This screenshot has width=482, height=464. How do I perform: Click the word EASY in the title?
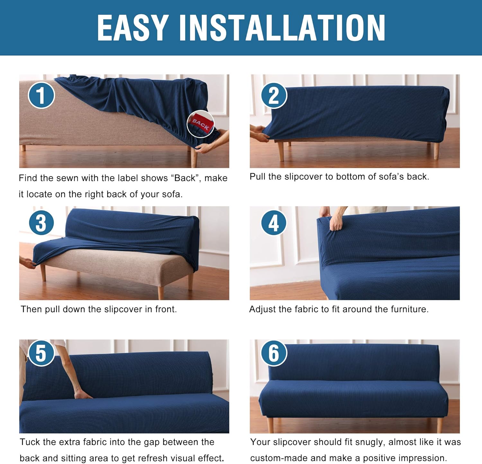tap(133, 28)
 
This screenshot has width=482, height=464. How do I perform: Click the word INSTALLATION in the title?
tap(282, 28)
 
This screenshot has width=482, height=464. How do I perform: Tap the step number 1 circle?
tap(41, 95)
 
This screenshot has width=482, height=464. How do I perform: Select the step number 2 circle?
tap(274, 95)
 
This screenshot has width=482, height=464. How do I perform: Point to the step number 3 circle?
tap(41, 223)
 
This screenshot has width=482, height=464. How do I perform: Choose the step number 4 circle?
tap(273, 223)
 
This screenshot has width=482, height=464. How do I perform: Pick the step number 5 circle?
tap(41, 353)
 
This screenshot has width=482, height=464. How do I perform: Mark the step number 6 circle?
tap(273, 353)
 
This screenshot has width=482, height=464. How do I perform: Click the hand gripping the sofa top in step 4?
tap(336, 222)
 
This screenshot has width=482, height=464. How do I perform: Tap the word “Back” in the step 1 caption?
tap(185, 178)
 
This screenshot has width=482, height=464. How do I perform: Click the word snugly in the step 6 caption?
tap(369, 442)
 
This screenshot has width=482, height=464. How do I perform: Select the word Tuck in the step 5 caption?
tap(30, 442)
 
